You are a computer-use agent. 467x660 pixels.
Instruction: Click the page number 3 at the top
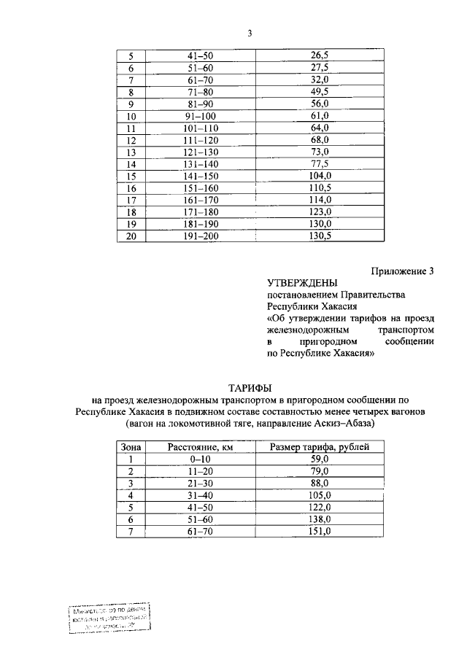click(x=250, y=34)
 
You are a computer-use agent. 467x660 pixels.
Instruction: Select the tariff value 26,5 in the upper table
click(x=319, y=55)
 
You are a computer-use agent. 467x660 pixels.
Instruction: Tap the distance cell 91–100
click(x=201, y=116)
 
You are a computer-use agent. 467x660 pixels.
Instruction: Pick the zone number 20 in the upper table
click(x=131, y=236)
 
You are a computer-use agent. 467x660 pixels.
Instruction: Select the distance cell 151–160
click(x=201, y=188)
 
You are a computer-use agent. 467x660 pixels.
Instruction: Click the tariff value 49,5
click(x=319, y=92)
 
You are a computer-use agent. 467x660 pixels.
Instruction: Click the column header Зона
click(x=131, y=447)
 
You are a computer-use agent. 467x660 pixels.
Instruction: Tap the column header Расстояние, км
click(x=201, y=447)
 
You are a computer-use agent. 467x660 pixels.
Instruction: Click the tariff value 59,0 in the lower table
click(x=320, y=459)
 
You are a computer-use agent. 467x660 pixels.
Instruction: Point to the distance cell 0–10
click(x=201, y=459)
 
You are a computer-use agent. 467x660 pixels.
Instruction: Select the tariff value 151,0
click(x=320, y=532)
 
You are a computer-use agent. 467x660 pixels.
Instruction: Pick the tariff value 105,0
click(x=320, y=495)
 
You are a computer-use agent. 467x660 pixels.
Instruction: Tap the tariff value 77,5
click(x=319, y=164)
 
